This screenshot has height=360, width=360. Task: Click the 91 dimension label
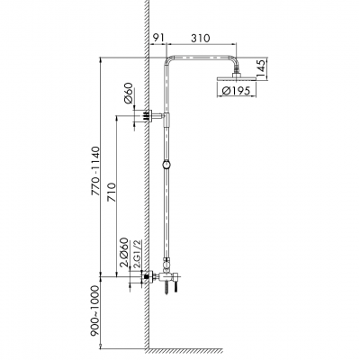click(x=157, y=38)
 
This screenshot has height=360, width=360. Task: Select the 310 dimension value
click(x=201, y=38)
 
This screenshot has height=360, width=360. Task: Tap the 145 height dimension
click(x=261, y=69)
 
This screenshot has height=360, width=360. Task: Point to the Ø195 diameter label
click(x=236, y=91)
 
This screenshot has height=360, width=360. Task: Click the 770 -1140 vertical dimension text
click(x=95, y=171)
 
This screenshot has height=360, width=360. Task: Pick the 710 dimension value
click(x=111, y=192)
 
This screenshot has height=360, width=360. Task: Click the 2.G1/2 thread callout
click(x=139, y=254)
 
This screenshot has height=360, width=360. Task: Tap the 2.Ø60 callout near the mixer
click(x=124, y=253)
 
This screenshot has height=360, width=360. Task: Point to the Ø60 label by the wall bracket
click(x=129, y=93)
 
